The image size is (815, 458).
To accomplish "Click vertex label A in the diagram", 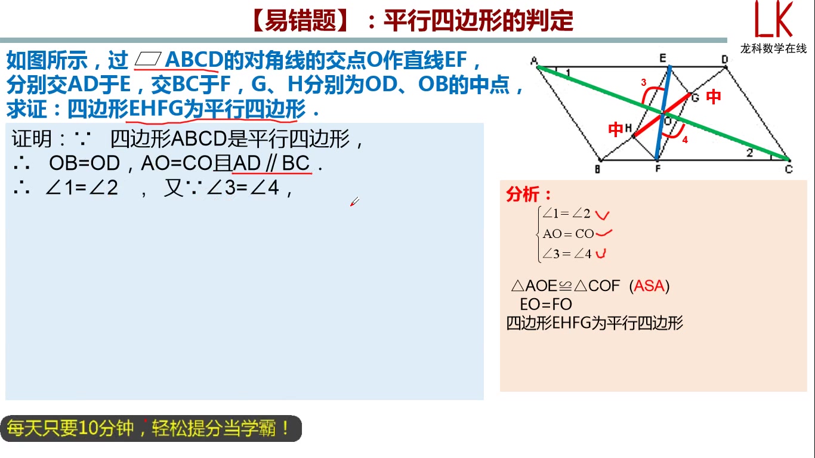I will (x=533, y=60).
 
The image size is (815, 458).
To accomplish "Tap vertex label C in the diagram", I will (x=789, y=169).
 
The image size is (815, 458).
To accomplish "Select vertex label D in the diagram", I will (x=724, y=59).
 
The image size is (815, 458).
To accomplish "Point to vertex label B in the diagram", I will (x=597, y=169).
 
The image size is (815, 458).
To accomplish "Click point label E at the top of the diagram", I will (x=662, y=58).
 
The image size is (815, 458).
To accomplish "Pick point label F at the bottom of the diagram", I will (x=657, y=169).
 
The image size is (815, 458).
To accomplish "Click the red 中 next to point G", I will (x=714, y=97).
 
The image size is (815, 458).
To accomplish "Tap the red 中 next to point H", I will (x=616, y=129).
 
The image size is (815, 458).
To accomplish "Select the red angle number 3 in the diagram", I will (x=643, y=83).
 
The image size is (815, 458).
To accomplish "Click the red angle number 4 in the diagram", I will (x=685, y=140).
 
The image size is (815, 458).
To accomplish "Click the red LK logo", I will (x=774, y=20).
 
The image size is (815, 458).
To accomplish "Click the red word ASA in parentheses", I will (x=649, y=286).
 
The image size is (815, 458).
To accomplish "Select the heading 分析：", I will (x=529, y=194).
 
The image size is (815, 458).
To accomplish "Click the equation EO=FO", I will (x=546, y=304).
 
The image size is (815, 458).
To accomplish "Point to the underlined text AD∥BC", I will (x=271, y=163).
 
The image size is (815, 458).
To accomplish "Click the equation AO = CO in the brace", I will (x=568, y=234).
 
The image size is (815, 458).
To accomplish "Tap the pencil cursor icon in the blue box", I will (x=354, y=202).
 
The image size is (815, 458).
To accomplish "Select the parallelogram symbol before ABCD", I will (x=148, y=60).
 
